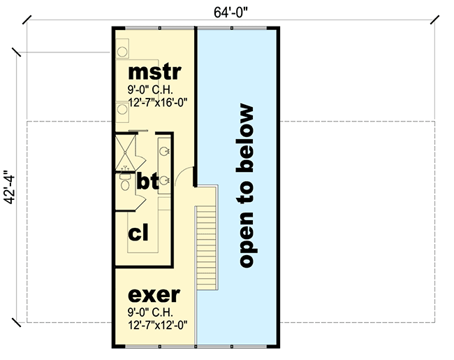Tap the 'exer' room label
click(154, 294)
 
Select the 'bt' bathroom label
click(147, 182)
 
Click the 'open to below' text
click(245, 187)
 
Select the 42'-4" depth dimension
click(8, 187)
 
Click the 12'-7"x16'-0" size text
click(157, 102)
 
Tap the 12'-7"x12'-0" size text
click(157, 325)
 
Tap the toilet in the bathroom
click(124, 184)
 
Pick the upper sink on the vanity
click(164, 150)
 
